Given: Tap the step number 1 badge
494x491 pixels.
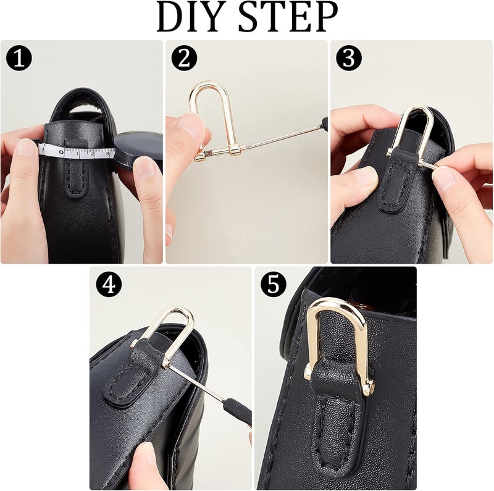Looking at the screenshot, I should tap(19, 59).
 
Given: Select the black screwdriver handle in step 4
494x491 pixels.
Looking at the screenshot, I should tap(237, 411).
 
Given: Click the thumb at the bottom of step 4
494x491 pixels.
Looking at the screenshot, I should tap(145, 460).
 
